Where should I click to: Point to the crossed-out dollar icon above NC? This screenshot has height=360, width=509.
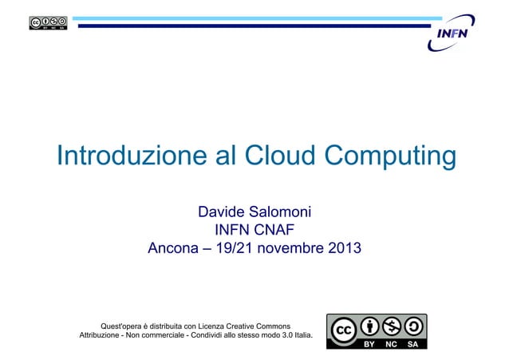point(392,326)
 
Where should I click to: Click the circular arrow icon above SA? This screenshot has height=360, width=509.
point(413,326)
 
